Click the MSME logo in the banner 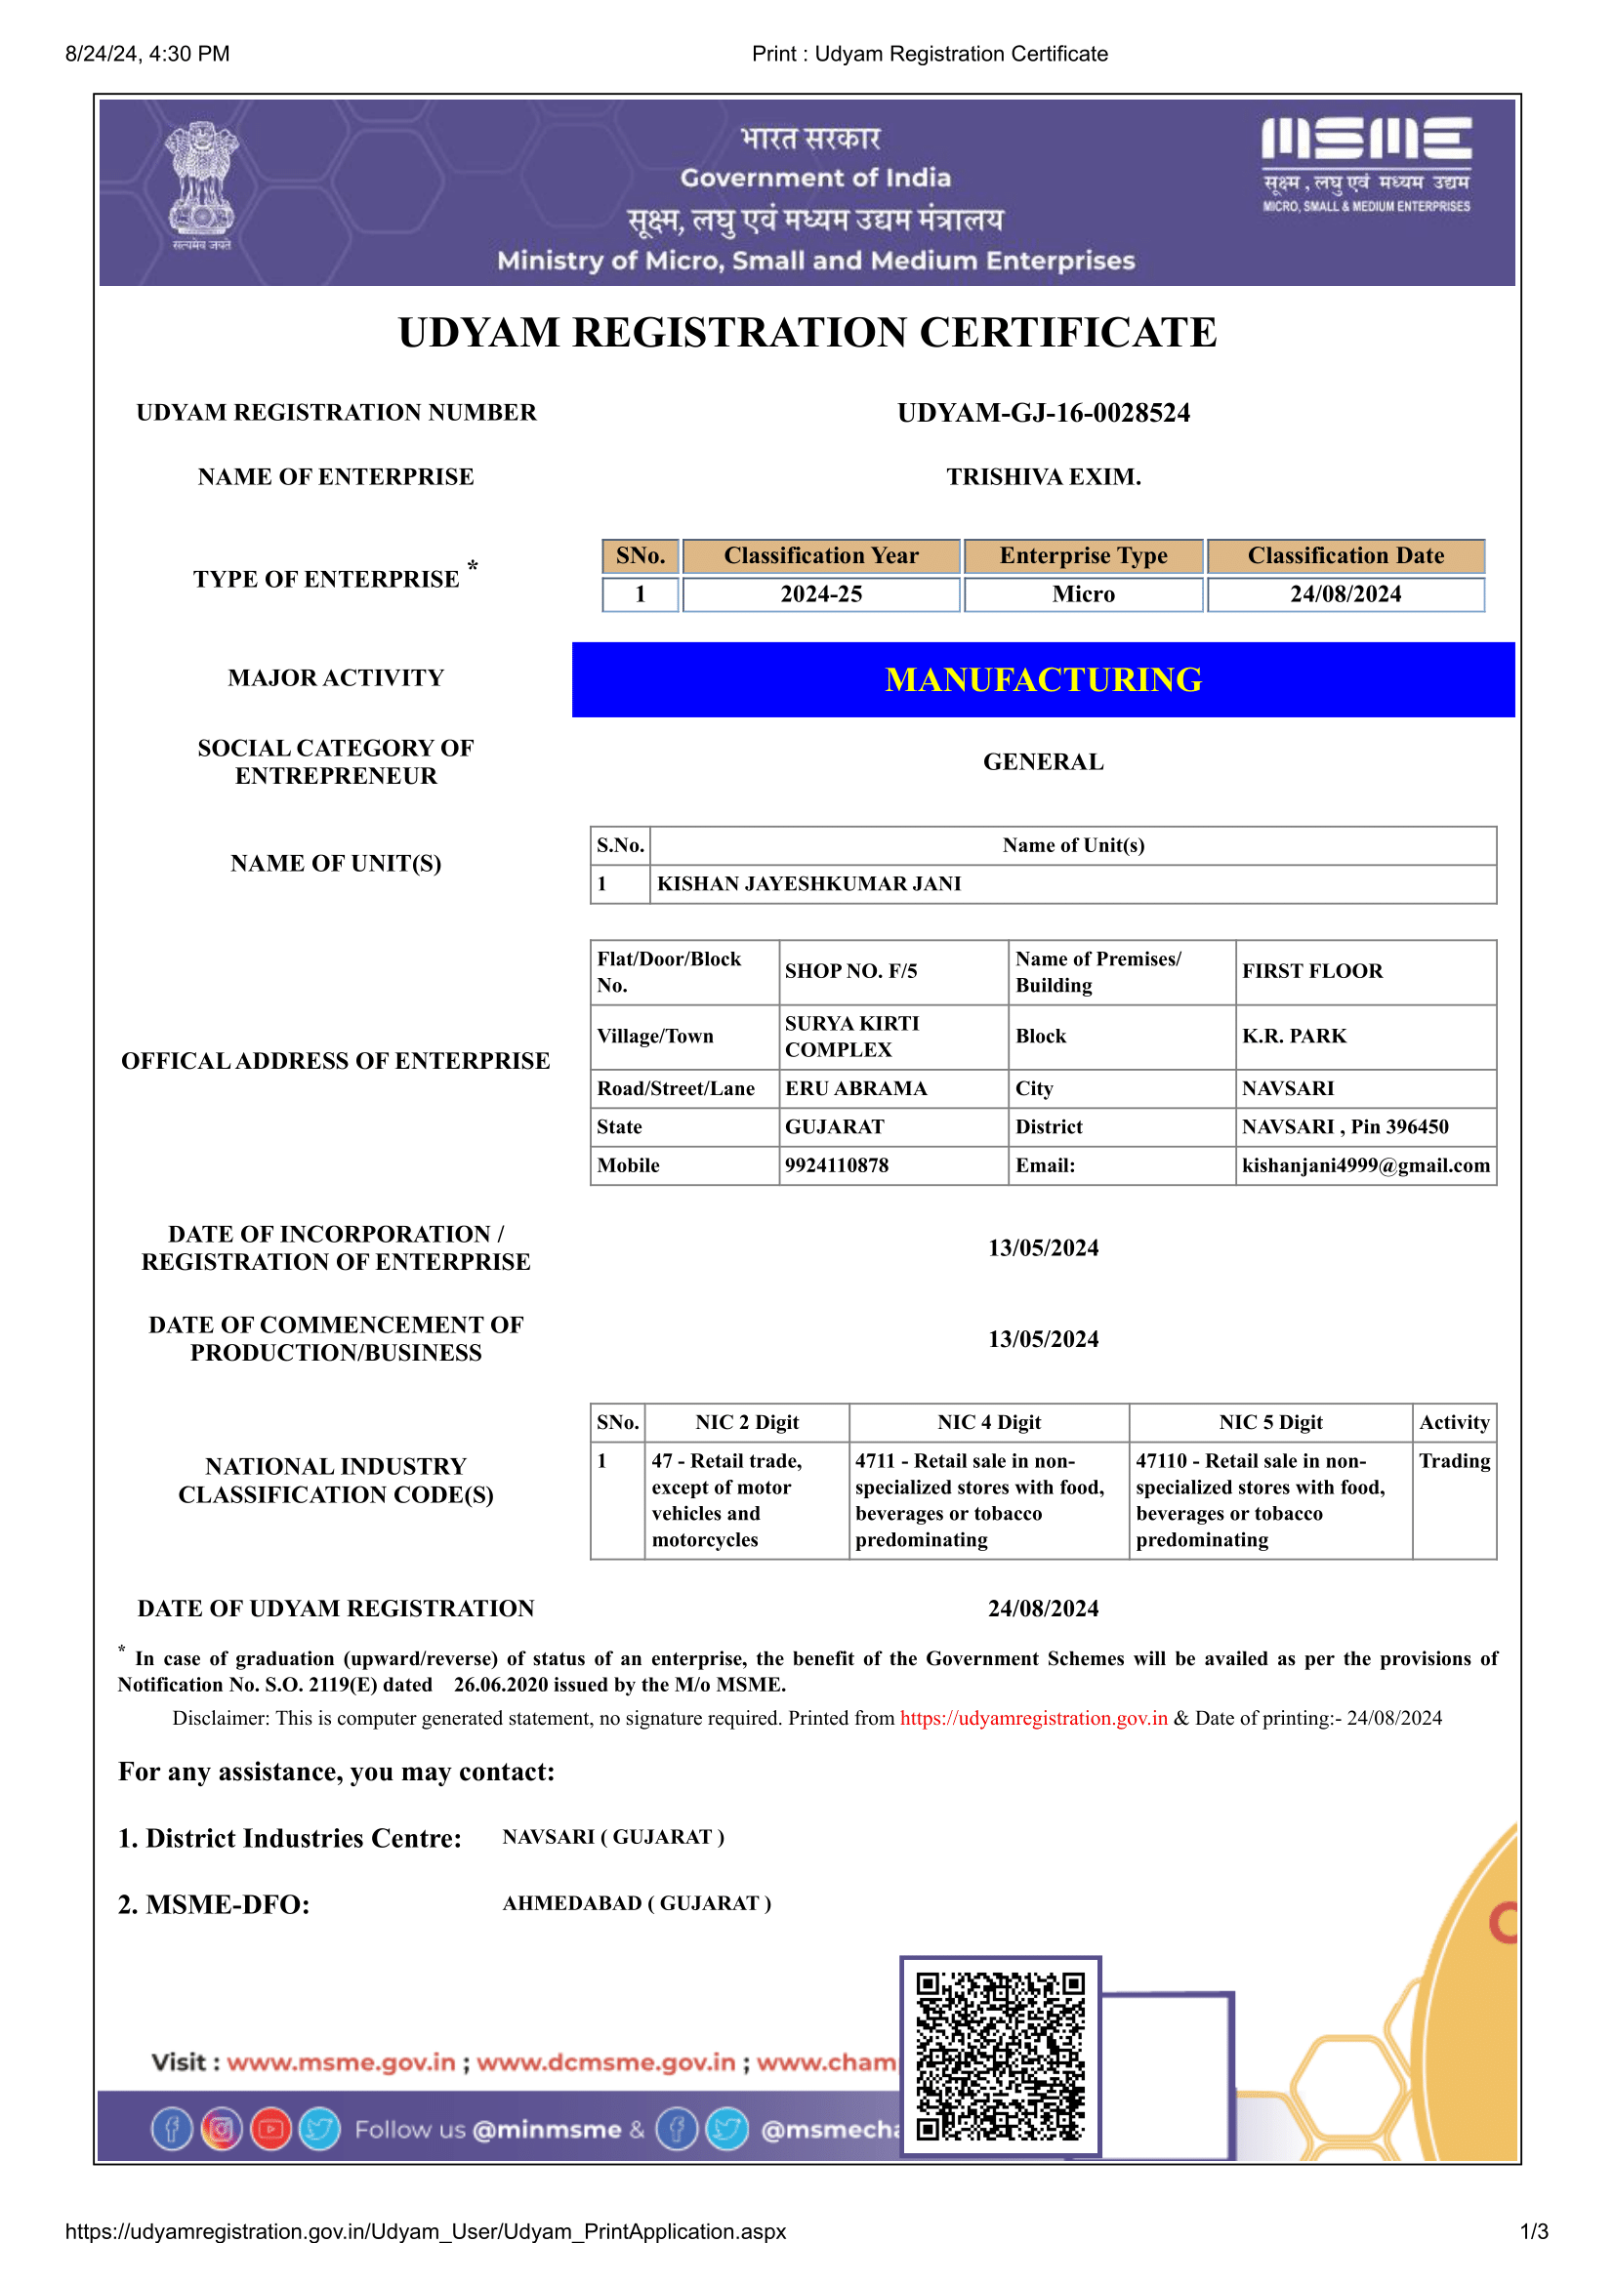click(1365, 164)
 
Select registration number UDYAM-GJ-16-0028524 click(1043, 413)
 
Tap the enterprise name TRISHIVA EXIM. click(1043, 477)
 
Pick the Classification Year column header click(820, 555)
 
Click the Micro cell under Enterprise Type click(1083, 594)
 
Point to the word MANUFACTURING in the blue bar click(1043, 680)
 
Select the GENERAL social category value click(1043, 761)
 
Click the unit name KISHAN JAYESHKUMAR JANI click(808, 884)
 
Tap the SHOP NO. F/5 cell click(851, 971)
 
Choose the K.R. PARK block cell click(1294, 1037)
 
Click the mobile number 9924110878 click(837, 1165)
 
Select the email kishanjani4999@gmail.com click(1365, 1165)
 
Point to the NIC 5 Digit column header click(1270, 1423)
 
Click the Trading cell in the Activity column click(1454, 1461)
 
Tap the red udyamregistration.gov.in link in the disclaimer click(1033, 1718)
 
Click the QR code click(1000, 2056)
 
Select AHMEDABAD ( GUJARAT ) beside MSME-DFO click(637, 1903)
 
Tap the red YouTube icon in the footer click(270, 2129)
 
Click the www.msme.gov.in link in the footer click(341, 2062)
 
